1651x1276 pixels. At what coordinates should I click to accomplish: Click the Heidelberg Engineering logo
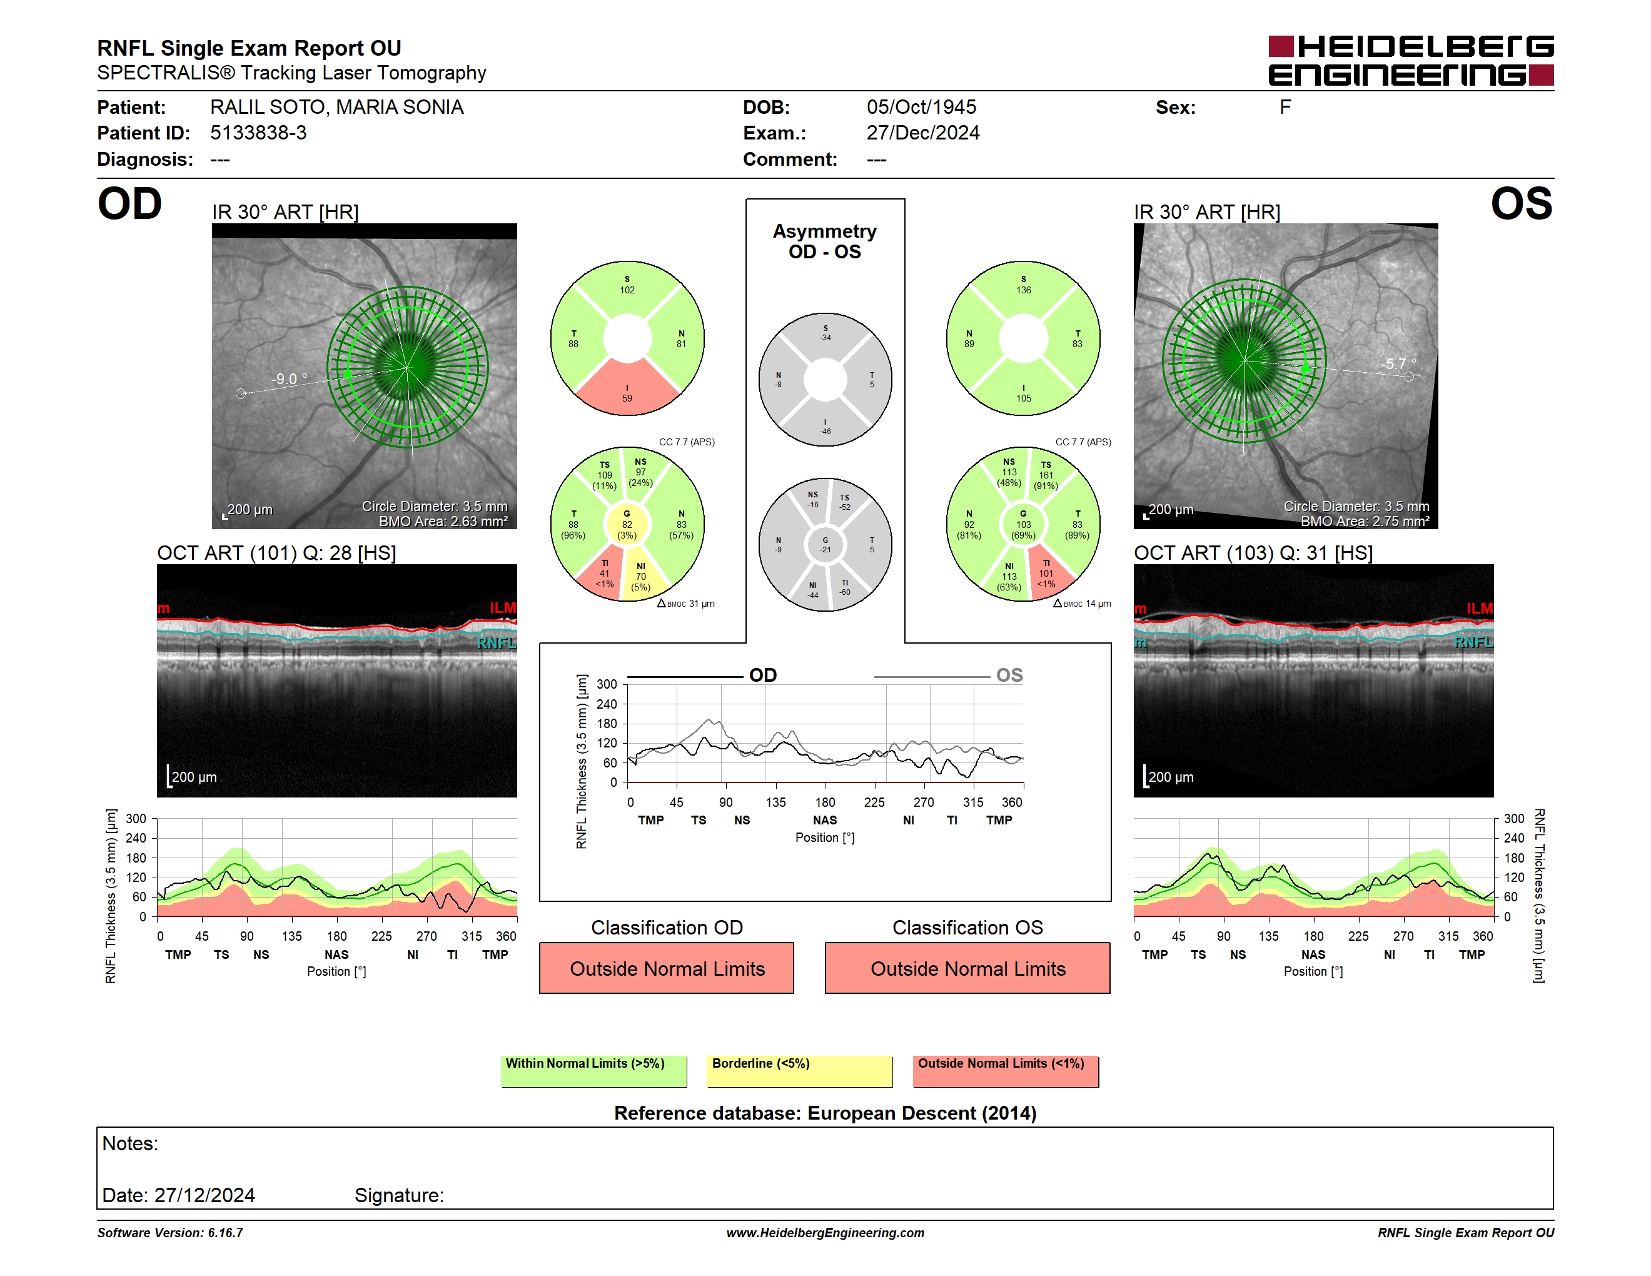[1411, 61]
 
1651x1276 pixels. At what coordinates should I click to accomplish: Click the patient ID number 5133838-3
[258, 133]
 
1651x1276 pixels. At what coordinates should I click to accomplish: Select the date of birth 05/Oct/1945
[922, 108]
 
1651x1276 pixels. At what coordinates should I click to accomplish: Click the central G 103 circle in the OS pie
[1024, 524]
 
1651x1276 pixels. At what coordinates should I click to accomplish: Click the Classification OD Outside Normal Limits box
[667, 968]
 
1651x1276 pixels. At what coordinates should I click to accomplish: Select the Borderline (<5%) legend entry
[800, 1071]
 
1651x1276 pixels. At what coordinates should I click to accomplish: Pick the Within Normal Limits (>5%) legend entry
[594, 1071]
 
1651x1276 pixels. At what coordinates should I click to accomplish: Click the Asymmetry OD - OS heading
[825, 241]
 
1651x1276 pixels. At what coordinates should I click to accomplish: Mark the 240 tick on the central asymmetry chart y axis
[607, 704]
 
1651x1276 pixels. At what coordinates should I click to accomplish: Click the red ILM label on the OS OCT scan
[1480, 609]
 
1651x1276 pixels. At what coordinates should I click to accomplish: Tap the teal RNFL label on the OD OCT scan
[496, 642]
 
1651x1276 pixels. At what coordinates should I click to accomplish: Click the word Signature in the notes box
[399, 1195]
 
